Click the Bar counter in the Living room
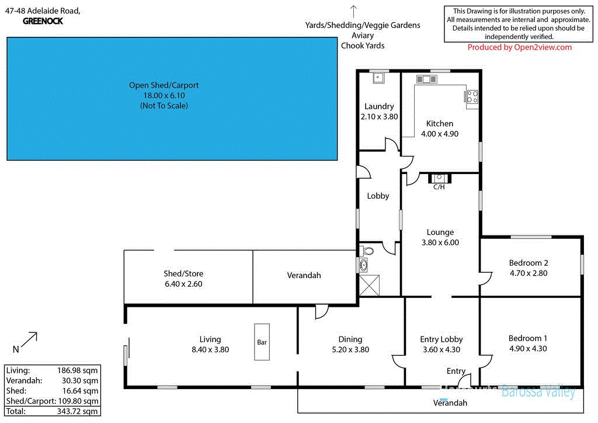262,342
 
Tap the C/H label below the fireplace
439,187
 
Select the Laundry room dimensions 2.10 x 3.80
379,116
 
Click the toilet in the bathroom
367,251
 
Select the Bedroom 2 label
528,263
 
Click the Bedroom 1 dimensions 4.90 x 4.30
528,349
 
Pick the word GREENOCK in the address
43,21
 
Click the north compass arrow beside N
30,339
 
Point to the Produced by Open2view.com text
520,47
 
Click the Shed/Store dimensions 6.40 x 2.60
183,284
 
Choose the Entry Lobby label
441,339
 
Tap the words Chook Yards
363,46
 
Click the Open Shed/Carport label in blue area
164,85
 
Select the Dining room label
350,339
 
